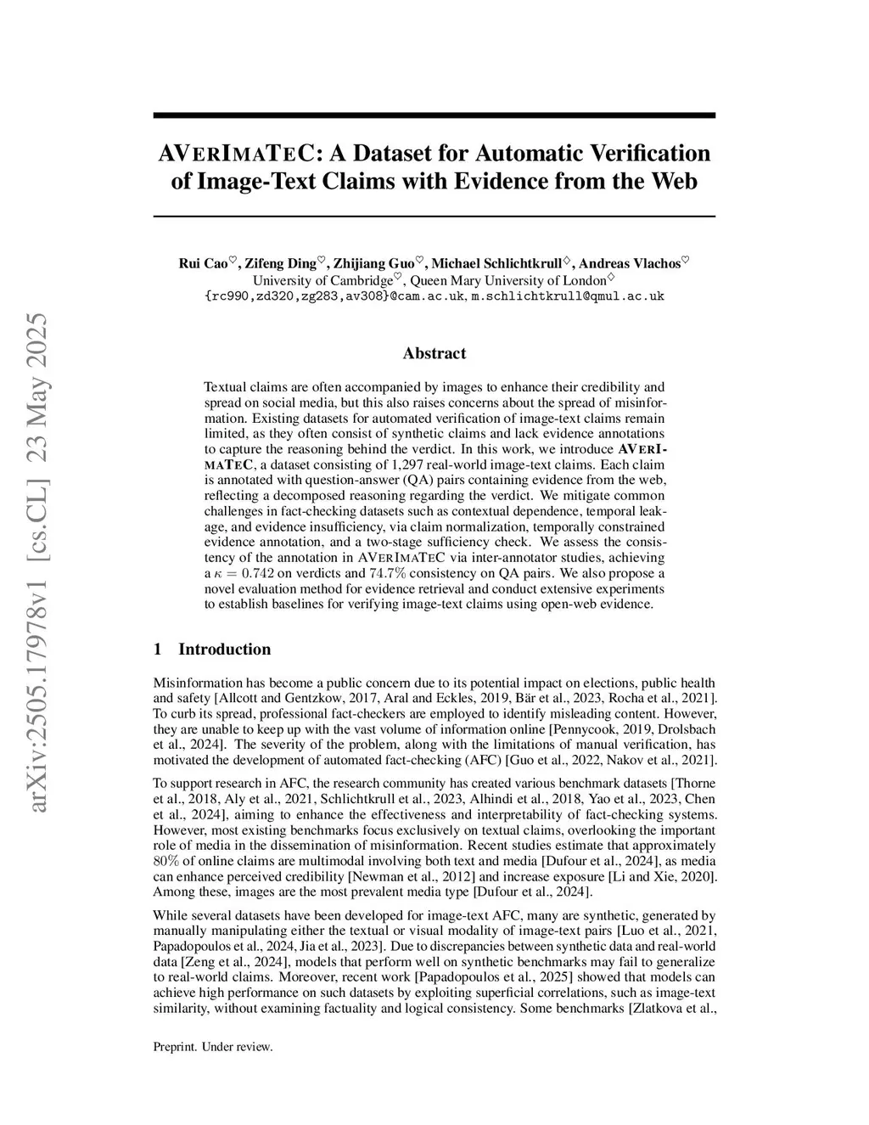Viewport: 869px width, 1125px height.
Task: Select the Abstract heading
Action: (434, 353)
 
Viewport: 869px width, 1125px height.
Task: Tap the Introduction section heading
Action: (224, 650)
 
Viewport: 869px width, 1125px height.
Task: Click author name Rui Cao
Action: (202, 264)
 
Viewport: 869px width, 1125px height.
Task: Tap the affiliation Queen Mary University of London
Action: (508, 280)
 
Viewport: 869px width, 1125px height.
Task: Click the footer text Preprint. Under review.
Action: (213, 1047)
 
